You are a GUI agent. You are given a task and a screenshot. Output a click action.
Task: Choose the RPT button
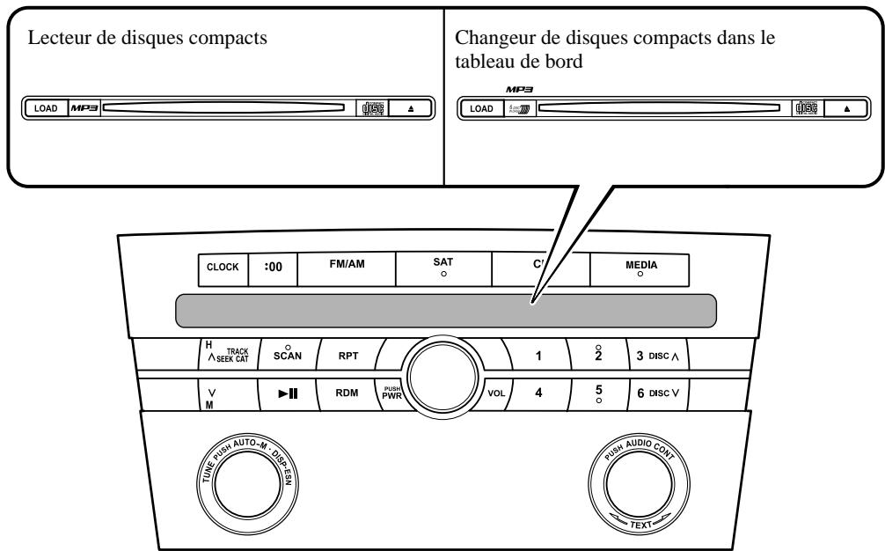click(346, 357)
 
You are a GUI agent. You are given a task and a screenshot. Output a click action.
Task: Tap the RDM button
click(346, 394)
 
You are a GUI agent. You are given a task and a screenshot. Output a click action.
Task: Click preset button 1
click(538, 356)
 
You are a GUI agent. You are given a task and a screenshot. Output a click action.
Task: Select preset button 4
click(538, 394)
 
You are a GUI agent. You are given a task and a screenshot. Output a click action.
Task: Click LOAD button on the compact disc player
click(45, 108)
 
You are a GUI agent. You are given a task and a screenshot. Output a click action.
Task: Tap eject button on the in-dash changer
click(847, 108)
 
